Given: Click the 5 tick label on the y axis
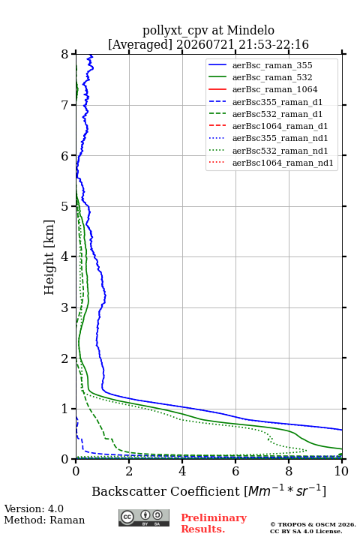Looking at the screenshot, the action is pos(65,206).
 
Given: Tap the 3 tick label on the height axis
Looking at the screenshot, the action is pos(65,307).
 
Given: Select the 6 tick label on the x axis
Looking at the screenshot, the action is pos(235,471).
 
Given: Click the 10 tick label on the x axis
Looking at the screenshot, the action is pos(341,471).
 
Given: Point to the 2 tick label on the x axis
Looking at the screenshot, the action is pos(129,471).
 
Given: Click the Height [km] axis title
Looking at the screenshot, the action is pos(49,257).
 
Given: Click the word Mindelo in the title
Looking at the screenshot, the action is pos(250,30).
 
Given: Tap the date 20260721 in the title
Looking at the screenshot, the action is pos(205,44).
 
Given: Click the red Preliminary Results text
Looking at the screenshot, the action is pos(214,523).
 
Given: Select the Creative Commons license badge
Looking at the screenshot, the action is pos(144,517).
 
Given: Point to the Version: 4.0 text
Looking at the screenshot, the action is pos(34,508).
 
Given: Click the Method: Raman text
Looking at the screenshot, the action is pos(44,520).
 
